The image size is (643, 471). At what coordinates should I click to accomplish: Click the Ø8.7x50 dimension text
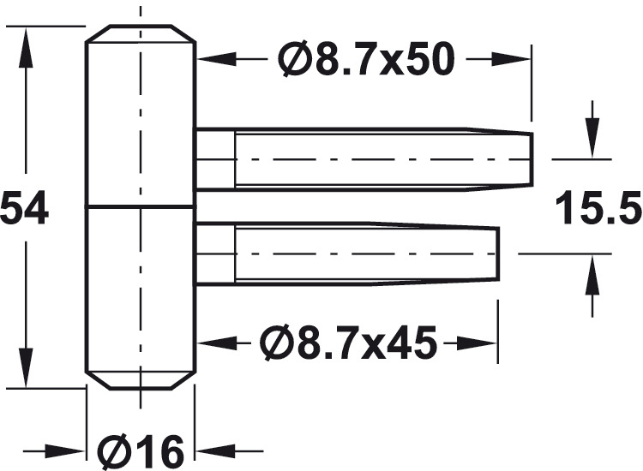(x=366, y=59)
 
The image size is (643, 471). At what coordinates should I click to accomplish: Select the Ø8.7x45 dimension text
(x=348, y=343)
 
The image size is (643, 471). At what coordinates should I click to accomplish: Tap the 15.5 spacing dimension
(x=598, y=208)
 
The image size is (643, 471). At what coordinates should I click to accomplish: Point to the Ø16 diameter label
(x=141, y=451)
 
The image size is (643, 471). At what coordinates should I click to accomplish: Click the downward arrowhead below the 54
(x=26, y=367)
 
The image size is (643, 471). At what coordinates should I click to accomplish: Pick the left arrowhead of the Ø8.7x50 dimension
(x=218, y=59)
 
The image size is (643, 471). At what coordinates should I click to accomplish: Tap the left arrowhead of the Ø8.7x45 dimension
(x=218, y=343)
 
